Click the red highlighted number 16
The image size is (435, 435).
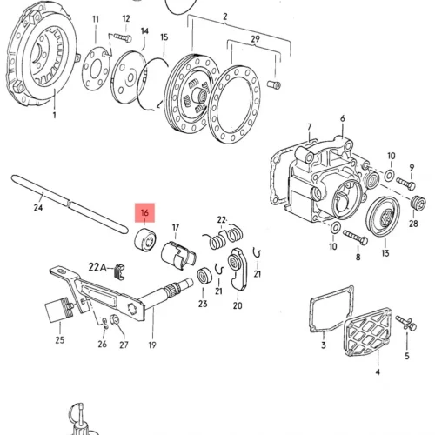144,213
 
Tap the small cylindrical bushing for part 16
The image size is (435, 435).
145,240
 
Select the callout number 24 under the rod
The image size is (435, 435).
38,208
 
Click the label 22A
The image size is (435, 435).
97,267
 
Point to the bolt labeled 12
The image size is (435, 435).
123,37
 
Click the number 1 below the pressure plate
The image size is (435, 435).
54,115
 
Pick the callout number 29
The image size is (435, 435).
255,39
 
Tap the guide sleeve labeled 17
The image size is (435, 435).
178,255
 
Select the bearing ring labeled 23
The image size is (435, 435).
204,276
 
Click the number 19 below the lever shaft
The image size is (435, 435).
152,345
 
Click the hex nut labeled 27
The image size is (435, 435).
114,320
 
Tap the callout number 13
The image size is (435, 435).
385,253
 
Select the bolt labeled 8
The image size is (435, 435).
356,237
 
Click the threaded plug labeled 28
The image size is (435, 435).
418,203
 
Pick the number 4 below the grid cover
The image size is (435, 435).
378,371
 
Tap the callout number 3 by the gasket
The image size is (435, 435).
324,345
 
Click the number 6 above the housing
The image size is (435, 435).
343,118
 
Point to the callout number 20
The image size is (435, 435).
238,305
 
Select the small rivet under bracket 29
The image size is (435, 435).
274,84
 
